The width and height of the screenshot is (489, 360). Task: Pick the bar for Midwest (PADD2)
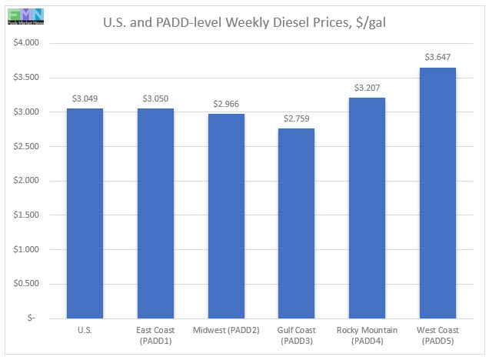226,216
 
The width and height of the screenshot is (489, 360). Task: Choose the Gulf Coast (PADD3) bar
297,223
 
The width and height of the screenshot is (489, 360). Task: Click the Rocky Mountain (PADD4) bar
368,208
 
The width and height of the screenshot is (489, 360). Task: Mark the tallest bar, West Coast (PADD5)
438,193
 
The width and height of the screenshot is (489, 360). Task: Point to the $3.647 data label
438,57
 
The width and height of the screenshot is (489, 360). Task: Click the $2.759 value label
297,118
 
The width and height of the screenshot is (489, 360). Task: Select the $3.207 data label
368,88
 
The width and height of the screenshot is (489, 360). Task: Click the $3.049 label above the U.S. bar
85,98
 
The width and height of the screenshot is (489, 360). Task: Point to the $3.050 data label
155,98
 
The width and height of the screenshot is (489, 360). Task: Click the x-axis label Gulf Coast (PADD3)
297,335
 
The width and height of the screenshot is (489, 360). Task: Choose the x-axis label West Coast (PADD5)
438,335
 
